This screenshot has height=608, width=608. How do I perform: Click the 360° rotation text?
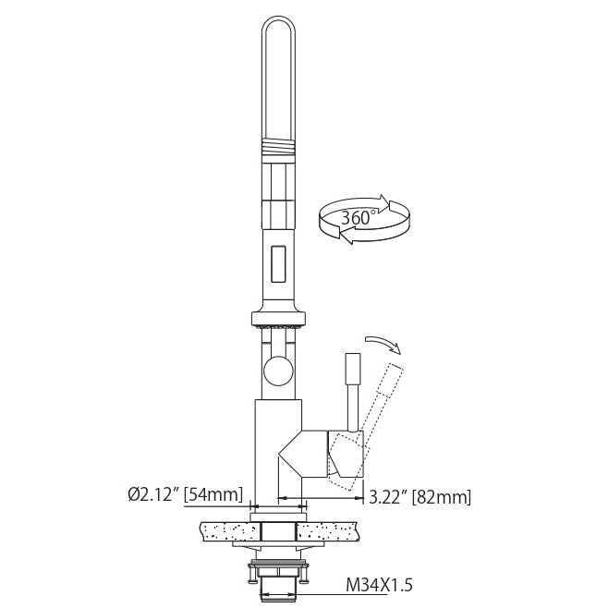coord(357,218)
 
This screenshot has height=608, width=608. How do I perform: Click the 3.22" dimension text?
coord(387,497)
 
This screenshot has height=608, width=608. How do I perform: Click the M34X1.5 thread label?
coord(380,586)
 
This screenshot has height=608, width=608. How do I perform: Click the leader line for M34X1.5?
coord(323,586)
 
